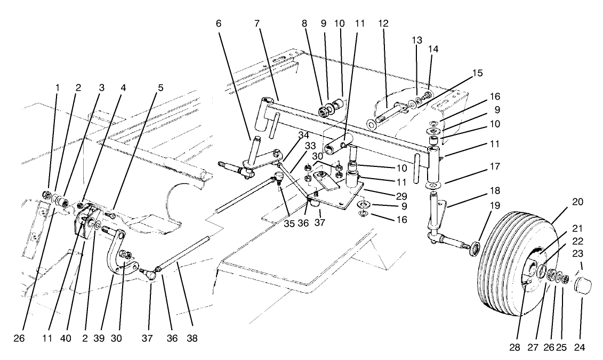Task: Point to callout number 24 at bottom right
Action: point(580,347)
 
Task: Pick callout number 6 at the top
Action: point(219,23)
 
